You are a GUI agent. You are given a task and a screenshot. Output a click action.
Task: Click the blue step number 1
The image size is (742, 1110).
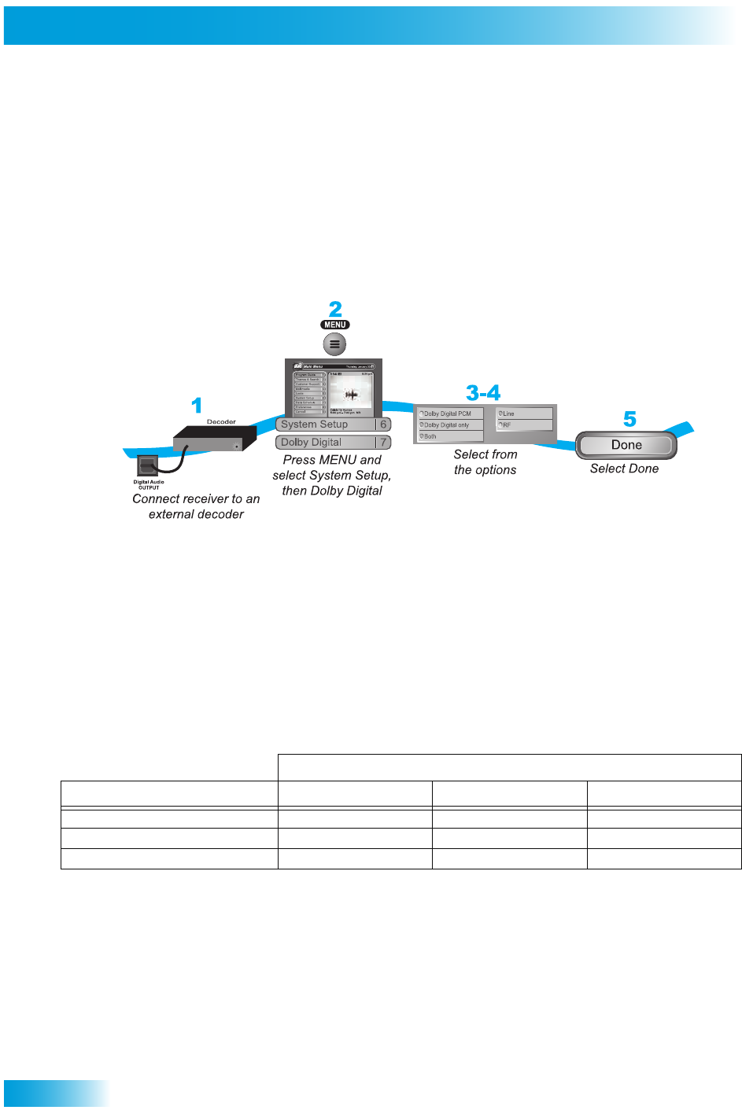[197, 406]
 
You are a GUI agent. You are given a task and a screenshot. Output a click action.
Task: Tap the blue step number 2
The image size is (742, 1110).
[335, 309]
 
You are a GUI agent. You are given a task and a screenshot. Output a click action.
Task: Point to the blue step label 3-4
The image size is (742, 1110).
[482, 392]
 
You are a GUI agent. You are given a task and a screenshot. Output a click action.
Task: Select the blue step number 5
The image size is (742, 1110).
[629, 419]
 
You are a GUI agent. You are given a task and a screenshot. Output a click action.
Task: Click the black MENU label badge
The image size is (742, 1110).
[335, 325]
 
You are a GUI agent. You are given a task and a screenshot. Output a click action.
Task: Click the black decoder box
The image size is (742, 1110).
[214, 439]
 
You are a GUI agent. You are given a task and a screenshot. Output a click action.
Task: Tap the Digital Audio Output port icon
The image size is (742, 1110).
[147, 465]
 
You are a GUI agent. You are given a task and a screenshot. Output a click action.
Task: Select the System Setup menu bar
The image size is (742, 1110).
[326, 425]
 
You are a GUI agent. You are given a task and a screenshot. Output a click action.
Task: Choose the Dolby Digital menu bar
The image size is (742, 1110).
[325, 443]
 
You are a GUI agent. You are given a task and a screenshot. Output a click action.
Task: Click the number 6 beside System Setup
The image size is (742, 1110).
[383, 425]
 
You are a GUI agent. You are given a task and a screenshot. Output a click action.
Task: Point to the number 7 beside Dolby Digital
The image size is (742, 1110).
[383, 443]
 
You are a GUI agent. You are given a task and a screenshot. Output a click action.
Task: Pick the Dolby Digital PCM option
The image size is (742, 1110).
[449, 413]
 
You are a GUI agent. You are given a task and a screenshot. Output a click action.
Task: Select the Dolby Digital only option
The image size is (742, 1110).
[449, 425]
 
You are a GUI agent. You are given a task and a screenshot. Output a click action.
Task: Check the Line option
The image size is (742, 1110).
[523, 413]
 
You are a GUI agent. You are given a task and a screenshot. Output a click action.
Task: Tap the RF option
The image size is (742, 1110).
[523, 425]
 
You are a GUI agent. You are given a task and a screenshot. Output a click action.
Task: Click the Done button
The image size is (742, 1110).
[626, 445]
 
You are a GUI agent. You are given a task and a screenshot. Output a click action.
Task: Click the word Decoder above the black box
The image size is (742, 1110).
[221, 422]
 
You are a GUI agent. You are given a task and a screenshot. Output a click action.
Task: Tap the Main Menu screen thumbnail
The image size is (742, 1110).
[334, 388]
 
